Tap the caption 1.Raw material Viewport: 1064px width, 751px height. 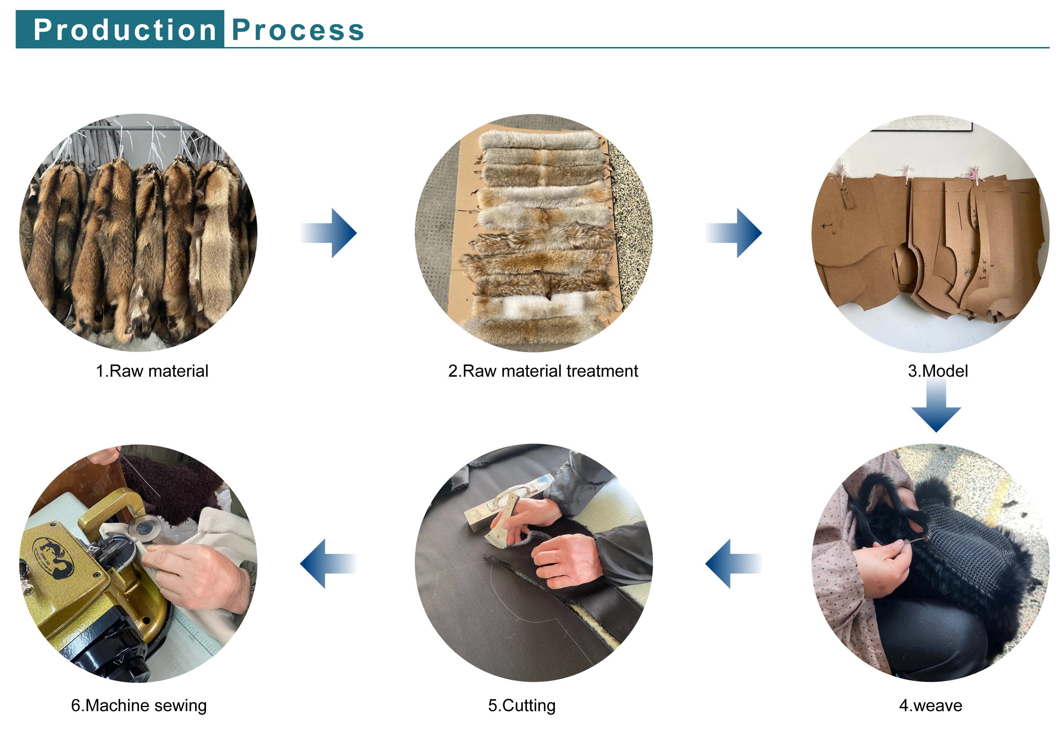tap(152, 371)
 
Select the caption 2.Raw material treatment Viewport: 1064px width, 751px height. tap(543, 371)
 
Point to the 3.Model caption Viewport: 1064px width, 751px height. tap(937, 371)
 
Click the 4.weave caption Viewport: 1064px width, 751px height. tap(930, 706)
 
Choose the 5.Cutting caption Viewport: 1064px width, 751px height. tap(521, 706)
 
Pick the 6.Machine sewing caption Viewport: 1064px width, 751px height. tap(139, 706)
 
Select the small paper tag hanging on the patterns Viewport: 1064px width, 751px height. tap(847, 197)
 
